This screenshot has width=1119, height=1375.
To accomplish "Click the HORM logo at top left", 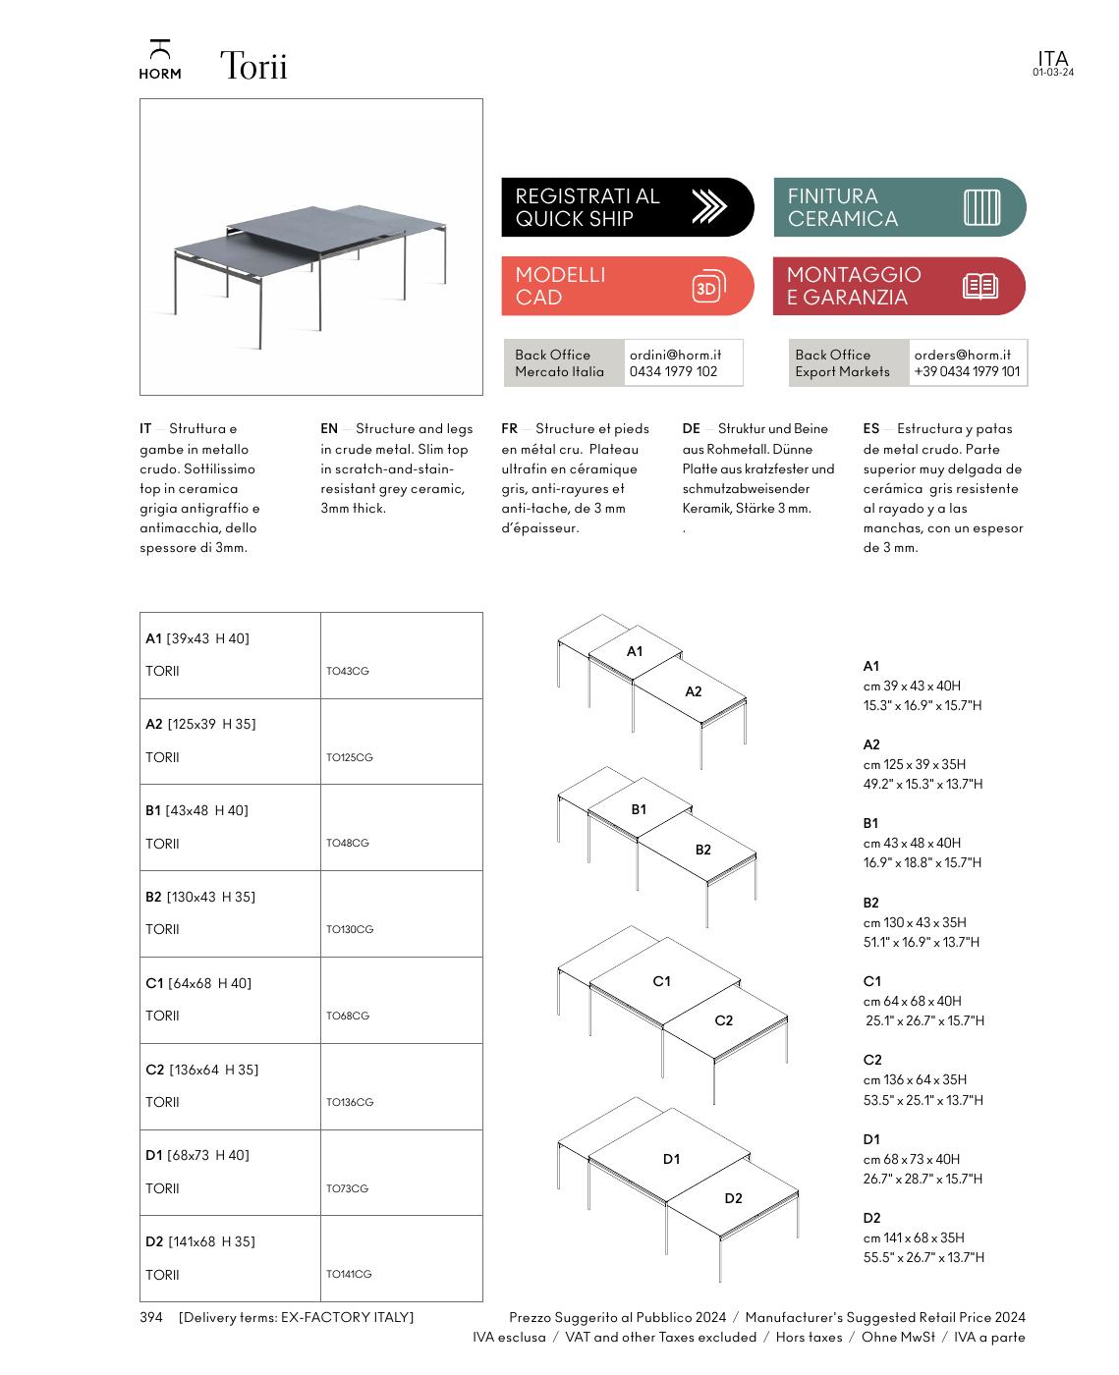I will click(159, 60).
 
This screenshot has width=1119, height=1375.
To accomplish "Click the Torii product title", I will click(253, 67).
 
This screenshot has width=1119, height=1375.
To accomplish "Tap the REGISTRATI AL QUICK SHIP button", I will click(627, 207).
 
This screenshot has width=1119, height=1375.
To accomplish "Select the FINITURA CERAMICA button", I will click(899, 207).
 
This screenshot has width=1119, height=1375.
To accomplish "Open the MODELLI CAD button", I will click(627, 286).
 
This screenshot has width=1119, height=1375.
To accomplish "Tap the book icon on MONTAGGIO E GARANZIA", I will click(979, 287).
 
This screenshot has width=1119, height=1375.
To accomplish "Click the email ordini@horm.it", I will click(676, 355).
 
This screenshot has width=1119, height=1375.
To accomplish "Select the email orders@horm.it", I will click(962, 355).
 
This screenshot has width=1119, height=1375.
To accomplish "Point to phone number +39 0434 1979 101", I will click(967, 371).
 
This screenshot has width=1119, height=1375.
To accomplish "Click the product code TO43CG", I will click(348, 672).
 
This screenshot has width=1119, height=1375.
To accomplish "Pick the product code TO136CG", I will click(350, 1102).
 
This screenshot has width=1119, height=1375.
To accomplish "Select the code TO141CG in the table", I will click(349, 1274).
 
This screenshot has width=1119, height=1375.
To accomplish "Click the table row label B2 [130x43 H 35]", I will click(199, 897).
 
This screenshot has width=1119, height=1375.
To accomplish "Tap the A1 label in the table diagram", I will click(635, 651).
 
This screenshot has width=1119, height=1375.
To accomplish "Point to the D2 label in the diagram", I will click(733, 1198).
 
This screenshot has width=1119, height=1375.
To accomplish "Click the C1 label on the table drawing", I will click(661, 981).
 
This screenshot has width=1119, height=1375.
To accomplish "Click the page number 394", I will click(150, 1317).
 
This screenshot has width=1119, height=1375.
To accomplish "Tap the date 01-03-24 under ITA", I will click(1052, 73).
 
